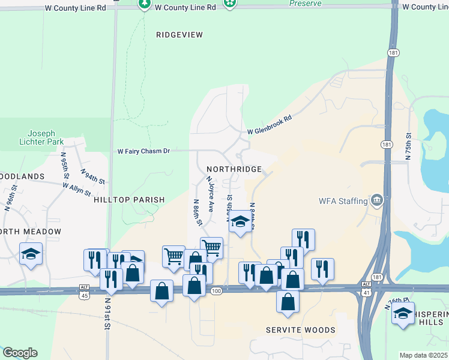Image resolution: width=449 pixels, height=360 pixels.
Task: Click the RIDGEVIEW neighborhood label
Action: (179, 35)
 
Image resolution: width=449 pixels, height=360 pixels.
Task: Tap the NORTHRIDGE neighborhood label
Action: (234, 170)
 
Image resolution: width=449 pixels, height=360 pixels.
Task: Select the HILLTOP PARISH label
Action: (129, 200)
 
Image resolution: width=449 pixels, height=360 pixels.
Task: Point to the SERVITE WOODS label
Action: (301, 330)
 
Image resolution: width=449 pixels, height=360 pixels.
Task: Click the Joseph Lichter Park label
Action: (41, 138)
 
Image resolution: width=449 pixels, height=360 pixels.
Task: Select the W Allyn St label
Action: (76, 190)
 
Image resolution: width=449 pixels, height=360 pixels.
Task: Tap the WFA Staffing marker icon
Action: (376, 200)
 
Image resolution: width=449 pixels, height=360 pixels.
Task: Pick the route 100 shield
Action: (216, 291)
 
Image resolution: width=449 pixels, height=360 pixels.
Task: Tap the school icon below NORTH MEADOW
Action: (31, 253)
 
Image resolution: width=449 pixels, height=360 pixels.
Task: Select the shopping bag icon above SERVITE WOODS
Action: (288, 301)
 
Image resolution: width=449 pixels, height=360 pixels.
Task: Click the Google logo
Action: (20, 353)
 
